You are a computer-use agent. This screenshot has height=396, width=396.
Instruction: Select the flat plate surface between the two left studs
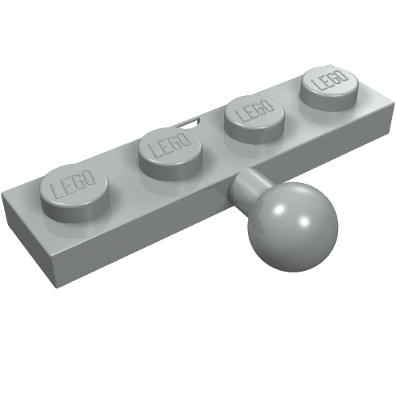tap(123, 178)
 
